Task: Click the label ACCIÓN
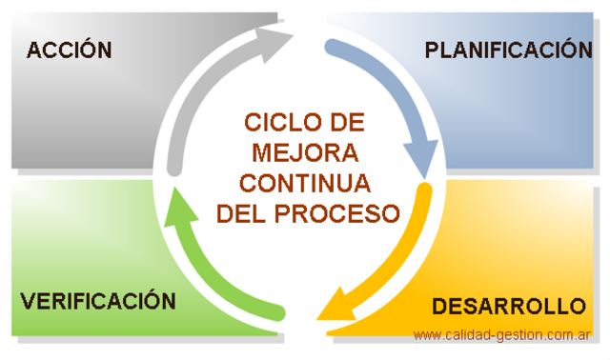pos(70,50)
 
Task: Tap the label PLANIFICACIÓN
pos(508,50)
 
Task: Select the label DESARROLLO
pos(508,307)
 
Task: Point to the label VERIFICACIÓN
pos(98,301)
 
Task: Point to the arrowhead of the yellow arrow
pos(332,307)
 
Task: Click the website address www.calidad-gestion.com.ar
pos(503,335)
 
